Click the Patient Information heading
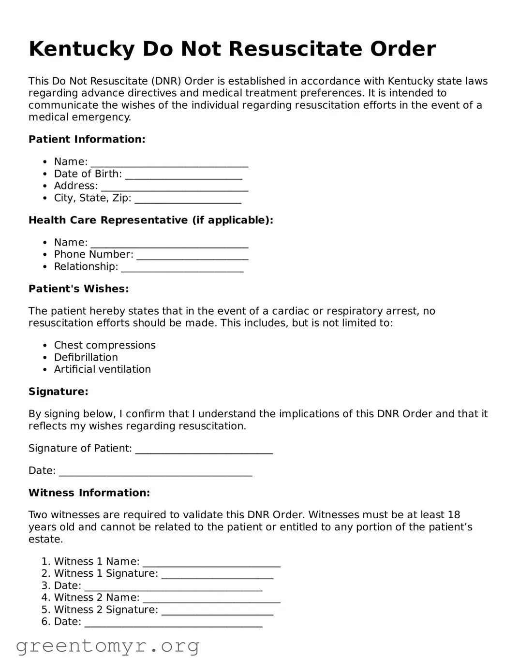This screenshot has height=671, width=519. click(x=87, y=139)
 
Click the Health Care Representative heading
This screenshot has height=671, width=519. click(x=151, y=220)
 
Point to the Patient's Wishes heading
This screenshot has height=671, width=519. click(x=78, y=289)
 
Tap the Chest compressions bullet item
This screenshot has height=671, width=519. click(x=104, y=345)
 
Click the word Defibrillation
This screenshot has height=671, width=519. click(x=86, y=357)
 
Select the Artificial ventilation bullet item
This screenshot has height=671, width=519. click(x=102, y=369)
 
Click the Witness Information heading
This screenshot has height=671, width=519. click(x=89, y=493)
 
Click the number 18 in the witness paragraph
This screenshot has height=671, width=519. click(x=453, y=515)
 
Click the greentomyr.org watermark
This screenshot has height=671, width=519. click(x=107, y=646)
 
